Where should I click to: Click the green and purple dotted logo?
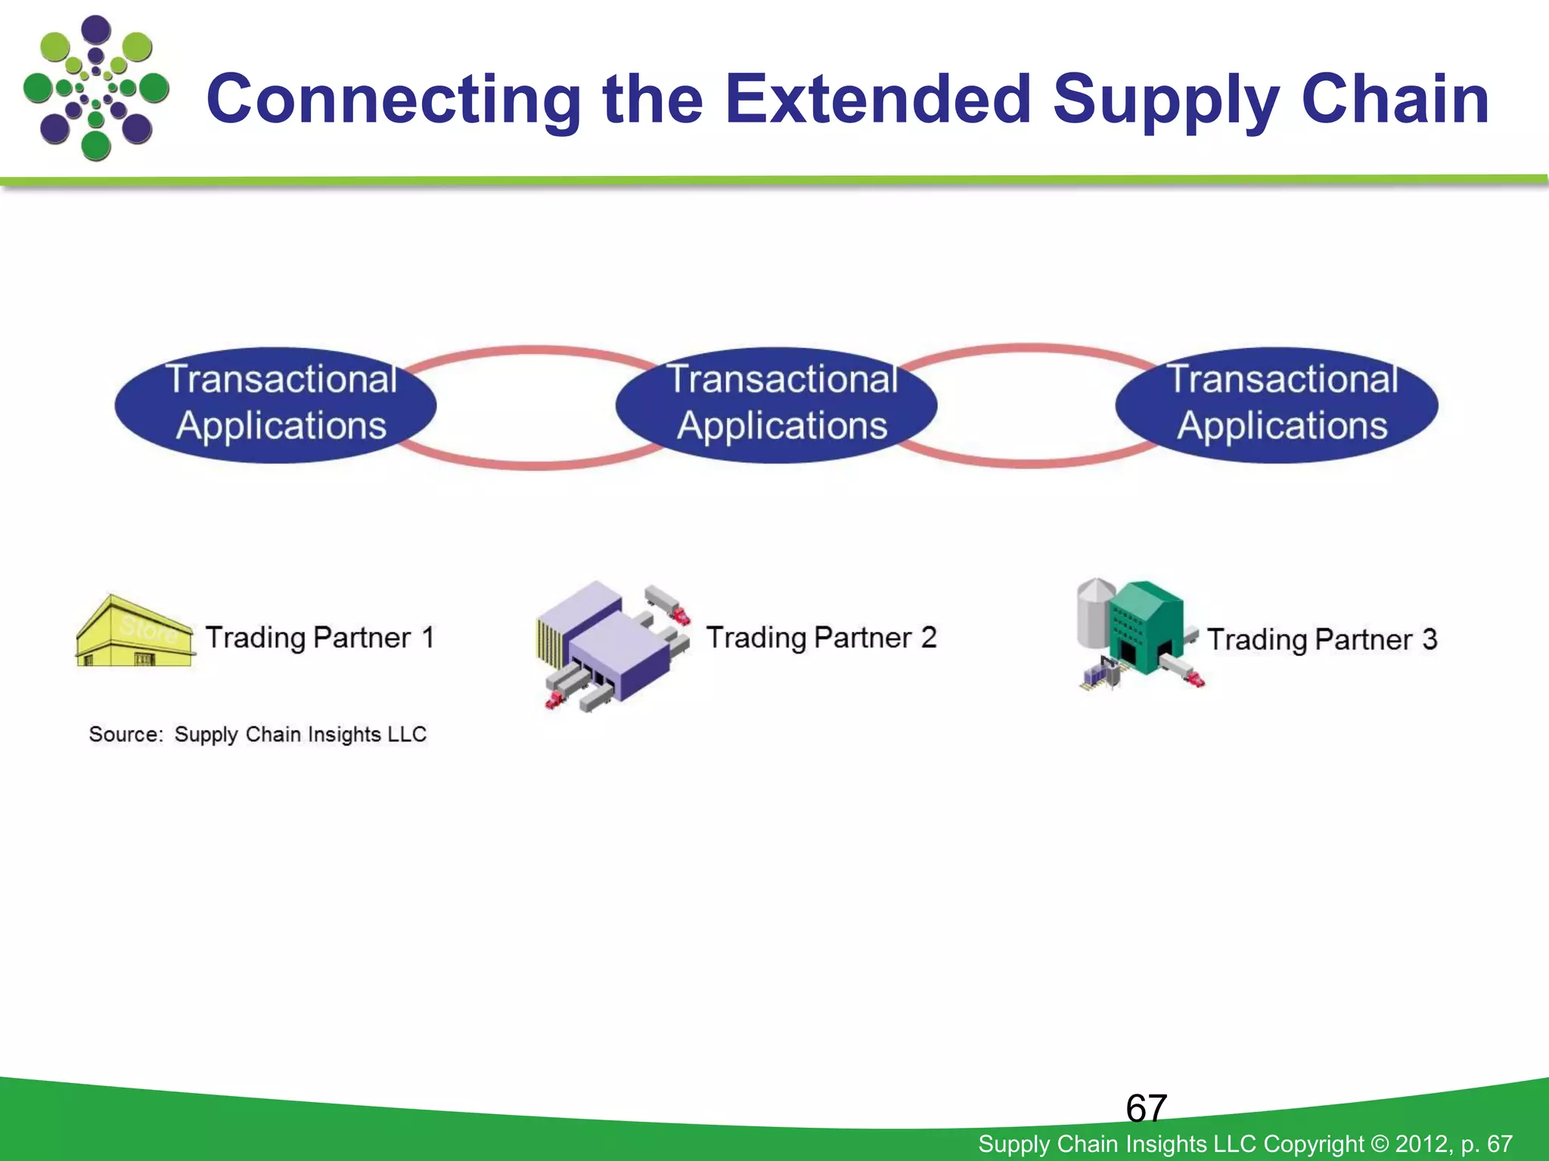click(95, 88)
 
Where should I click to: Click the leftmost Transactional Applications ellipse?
click(275, 404)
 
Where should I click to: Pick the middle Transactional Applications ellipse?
click(777, 404)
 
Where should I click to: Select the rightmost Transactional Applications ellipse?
click(1277, 404)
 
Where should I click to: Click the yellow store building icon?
click(135, 633)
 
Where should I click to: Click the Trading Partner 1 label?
click(319, 637)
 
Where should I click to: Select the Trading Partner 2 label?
click(821, 637)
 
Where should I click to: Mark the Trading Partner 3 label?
click(1322, 639)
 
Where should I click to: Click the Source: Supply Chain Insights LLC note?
click(257, 734)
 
